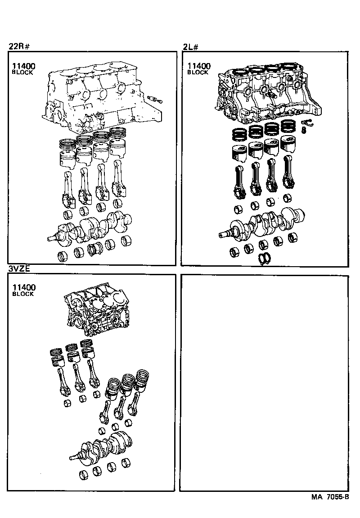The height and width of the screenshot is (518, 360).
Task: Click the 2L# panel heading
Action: [x=190, y=46]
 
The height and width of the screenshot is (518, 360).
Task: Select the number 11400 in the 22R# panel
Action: [x=23, y=66]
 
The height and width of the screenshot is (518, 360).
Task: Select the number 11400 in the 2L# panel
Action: [x=199, y=66]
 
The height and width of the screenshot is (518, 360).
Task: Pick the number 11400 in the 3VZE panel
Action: [x=23, y=287]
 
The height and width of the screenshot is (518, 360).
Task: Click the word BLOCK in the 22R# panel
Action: [x=22, y=73]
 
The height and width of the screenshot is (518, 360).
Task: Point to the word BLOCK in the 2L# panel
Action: [x=198, y=72]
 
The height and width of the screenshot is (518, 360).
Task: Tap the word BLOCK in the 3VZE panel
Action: [x=22, y=294]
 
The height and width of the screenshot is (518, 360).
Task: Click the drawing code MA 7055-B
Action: [x=330, y=497]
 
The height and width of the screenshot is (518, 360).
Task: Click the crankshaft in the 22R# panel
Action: [x=92, y=229]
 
